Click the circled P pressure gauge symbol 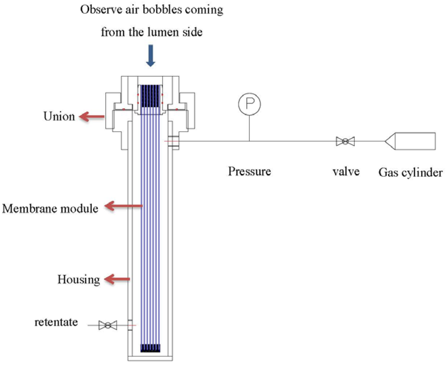point(249,104)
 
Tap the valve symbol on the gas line point(345,141)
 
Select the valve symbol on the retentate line point(107,325)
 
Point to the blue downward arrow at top point(151,57)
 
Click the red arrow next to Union point(92,117)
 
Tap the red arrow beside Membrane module point(125,206)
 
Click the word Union point(59,117)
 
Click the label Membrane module point(50,208)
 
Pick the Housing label point(79,279)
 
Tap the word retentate point(56,322)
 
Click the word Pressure point(249,171)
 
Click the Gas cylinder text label point(410,173)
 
